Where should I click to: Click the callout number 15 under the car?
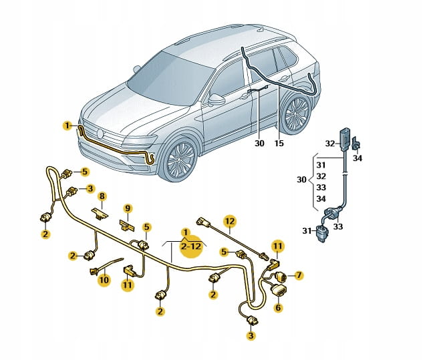tap(279, 144)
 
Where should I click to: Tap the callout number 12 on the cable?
tap(230, 221)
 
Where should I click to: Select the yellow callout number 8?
tap(102, 196)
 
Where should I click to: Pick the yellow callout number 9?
tap(128, 208)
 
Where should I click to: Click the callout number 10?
tap(104, 281)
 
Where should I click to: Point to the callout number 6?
tap(278, 307)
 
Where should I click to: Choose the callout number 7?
tap(299, 275)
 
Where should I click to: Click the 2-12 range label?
tap(191, 246)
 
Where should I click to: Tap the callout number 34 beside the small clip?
tap(357, 158)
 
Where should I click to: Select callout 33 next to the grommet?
tap(337, 226)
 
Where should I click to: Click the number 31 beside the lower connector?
tap(307, 230)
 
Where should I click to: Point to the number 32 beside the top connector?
tap(330, 144)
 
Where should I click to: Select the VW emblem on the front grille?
tap(100, 134)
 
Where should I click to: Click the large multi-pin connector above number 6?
tap(280, 290)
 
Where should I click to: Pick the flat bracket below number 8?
tap(100, 214)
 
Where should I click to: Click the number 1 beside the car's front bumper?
tap(67, 126)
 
